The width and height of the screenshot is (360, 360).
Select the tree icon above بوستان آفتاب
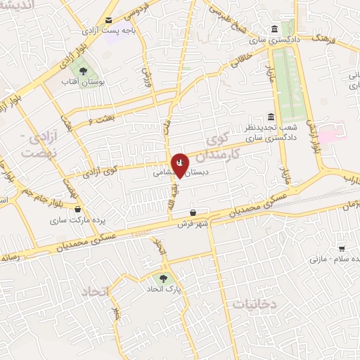[x=83, y=71]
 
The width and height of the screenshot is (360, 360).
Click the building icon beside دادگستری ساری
[x=273, y=29]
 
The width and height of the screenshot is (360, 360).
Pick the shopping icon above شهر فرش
[x=193, y=212]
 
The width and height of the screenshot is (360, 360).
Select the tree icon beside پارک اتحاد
[x=163, y=279]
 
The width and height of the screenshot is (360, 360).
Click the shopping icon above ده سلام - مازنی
[x=342, y=248]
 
